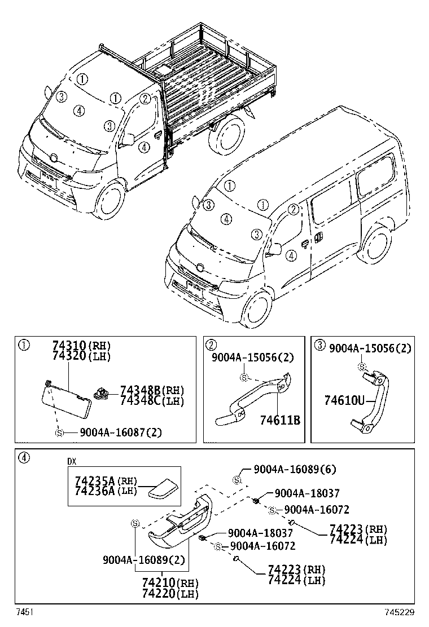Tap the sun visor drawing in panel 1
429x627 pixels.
[x=67, y=401]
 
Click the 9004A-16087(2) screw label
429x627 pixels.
[x=120, y=432]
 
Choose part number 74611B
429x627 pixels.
[x=279, y=420]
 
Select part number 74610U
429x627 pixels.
[x=344, y=401]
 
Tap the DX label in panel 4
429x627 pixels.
[x=72, y=461]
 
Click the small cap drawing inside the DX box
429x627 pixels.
[x=163, y=488]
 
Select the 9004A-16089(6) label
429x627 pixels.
[x=294, y=469]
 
